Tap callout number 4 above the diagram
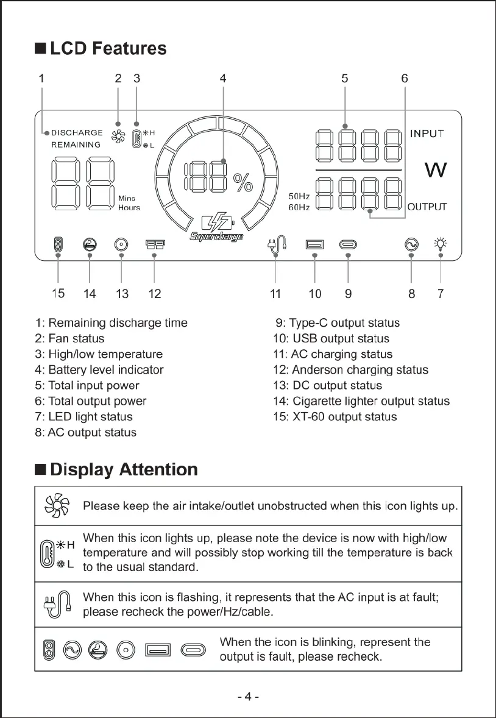pyautogui.click(x=223, y=78)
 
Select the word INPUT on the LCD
pyautogui.click(x=427, y=133)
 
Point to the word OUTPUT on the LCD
pyautogui.click(x=427, y=207)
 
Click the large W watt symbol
pyautogui.click(x=435, y=170)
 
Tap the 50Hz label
pyautogui.click(x=299, y=196)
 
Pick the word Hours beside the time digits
pyautogui.click(x=129, y=208)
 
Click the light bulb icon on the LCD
pyautogui.click(x=440, y=244)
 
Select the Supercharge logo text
pyautogui.click(x=216, y=236)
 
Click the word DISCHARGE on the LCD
pyautogui.click(x=77, y=132)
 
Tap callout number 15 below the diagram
pyautogui.click(x=58, y=294)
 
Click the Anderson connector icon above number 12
pyautogui.click(x=154, y=244)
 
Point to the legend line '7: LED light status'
pyautogui.click(x=84, y=417)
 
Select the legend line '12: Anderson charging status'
pyautogui.click(x=350, y=370)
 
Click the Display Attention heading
pyautogui.click(x=124, y=469)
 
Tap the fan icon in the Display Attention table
pyautogui.click(x=57, y=506)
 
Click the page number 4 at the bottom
pyautogui.click(x=248, y=697)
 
